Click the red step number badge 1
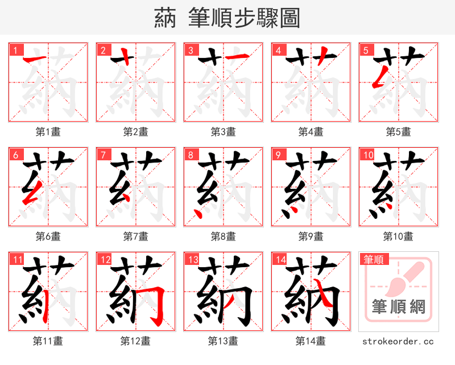click(15, 50)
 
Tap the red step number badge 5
click(366, 50)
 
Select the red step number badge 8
click(191, 155)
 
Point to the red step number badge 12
click(104, 260)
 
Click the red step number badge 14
click(279, 260)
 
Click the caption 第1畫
click(48, 131)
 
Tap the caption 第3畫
click(224, 131)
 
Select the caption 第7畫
click(136, 236)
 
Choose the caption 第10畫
click(398, 236)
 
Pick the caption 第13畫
click(224, 341)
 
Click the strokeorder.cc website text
click(398, 341)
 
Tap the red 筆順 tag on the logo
click(373, 260)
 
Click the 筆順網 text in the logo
click(398, 308)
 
